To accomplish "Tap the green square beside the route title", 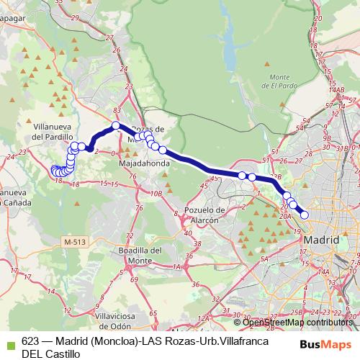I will pos(9,341).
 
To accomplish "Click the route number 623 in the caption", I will pos(30,341).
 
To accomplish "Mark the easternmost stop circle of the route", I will pos(305,214).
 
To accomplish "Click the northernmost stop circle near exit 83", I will pos(115,126).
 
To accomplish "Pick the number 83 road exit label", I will pos(117,109).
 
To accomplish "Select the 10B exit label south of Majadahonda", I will pos(156,193).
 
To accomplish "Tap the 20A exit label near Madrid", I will pos(285,215).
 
